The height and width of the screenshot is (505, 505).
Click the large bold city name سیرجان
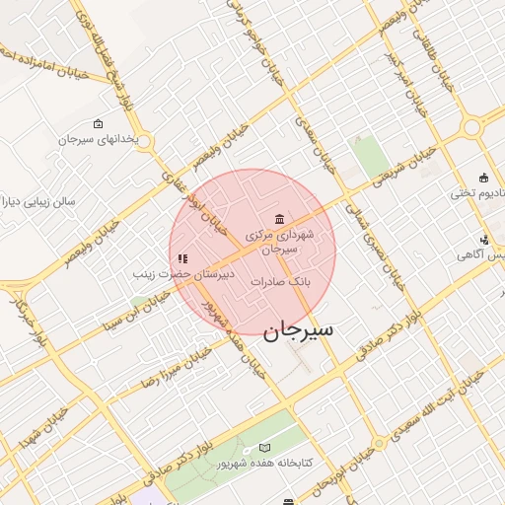pos(298,329)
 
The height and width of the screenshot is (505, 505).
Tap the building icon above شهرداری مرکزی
pos(280,219)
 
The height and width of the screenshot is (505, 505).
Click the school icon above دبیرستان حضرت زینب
pos(182,258)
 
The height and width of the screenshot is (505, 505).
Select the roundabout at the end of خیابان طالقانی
pos(472,127)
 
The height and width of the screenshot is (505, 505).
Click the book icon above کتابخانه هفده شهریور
pos(263,448)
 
